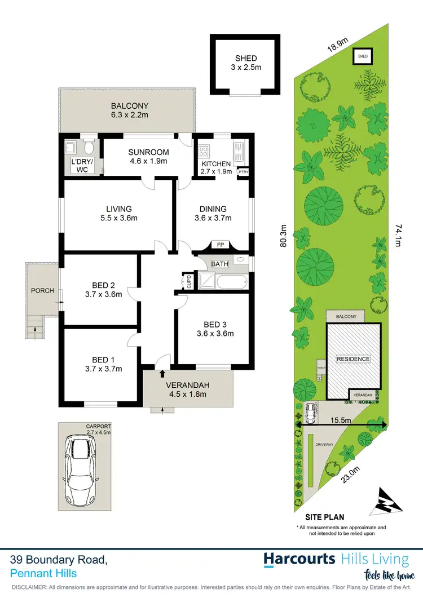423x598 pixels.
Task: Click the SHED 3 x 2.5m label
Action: tap(246, 63)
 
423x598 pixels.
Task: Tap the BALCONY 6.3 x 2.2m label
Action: tap(129, 110)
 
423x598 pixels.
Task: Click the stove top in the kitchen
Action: tap(204, 151)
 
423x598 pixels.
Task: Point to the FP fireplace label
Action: tap(219, 245)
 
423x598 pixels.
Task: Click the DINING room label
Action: tap(212, 213)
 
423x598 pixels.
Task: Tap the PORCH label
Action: tap(43, 291)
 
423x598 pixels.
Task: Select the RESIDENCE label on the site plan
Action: tap(354, 359)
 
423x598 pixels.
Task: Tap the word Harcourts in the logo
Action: tap(301, 559)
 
